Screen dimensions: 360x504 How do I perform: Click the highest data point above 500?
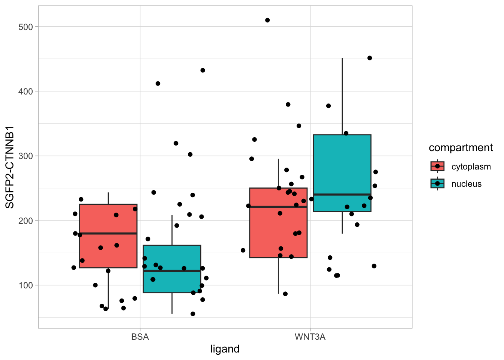point(267,20)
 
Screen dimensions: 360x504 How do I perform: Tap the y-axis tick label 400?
point(25,91)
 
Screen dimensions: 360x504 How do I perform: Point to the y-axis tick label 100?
point(25,285)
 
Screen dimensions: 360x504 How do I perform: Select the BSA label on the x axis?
point(140,337)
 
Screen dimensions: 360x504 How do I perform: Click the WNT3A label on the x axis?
point(310,337)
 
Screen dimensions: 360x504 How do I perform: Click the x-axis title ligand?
point(225,349)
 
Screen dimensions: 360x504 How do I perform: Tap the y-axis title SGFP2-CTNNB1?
point(9,167)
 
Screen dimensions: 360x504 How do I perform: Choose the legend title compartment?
point(460,148)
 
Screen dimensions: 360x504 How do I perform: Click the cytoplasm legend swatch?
point(437,166)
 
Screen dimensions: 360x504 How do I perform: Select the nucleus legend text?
point(466,184)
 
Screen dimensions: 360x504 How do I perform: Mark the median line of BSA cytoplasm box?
point(108,233)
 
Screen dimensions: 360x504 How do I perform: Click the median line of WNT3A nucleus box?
point(342,194)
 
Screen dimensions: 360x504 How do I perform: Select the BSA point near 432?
point(202,70)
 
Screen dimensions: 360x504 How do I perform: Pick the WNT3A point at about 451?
point(369,58)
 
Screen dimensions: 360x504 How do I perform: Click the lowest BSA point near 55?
point(193,314)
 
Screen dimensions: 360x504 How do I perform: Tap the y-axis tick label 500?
point(25,27)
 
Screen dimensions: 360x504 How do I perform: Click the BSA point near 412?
point(158,84)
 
